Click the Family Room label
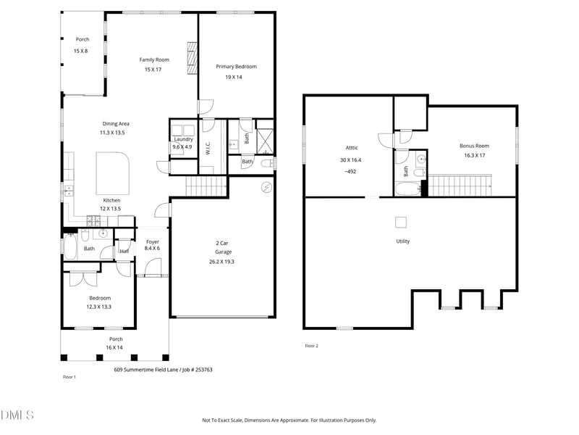pyautogui.click(x=154, y=59)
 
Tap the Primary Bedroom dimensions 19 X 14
pyautogui.click(x=236, y=77)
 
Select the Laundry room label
pyautogui.click(x=183, y=139)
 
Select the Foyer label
pyautogui.click(x=153, y=242)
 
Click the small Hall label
pyautogui.click(x=124, y=252)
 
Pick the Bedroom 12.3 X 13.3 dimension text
pyautogui.click(x=100, y=307)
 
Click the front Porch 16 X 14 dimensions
pyautogui.click(x=116, y=348)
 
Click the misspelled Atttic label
pyautogui.click(x=349, y=147)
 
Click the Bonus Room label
pyautogui.click(x=474, y=146)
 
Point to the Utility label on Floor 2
pyautogui.click(x=402, y=241)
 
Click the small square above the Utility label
pyautogui.click(x=401, y=223)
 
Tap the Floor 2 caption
pyautogui.click(x=311, y=346)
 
